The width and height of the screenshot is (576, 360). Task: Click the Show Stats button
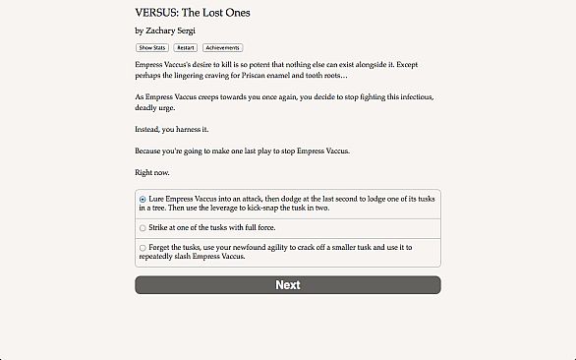[x=151, y=47]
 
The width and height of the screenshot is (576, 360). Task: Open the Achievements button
[x=222, y=47]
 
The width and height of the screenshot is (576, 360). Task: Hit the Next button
[x=288, y=285]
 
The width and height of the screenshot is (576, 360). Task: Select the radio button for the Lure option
[x=143, y=200]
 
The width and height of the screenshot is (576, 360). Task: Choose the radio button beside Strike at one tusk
[x=143, y=228]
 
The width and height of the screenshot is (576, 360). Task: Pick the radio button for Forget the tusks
[x=143, y=248]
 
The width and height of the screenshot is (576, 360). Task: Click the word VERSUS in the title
[x=157, y=13]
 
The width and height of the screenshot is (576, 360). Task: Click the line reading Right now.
[x=153, y=171]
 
